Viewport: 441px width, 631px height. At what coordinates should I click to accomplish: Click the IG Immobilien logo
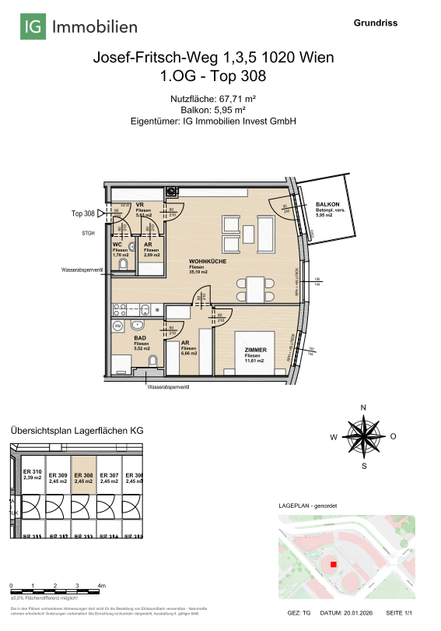pos(79,28)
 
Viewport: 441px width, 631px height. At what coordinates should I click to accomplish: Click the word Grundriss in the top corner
pos(376,23)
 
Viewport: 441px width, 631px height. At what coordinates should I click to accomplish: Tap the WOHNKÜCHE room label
pos(208,261)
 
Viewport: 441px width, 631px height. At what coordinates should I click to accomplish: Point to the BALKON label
pos(327,203)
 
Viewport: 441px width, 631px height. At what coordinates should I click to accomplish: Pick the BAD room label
pos(141,338)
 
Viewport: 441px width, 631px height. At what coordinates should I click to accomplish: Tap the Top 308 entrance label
pos(83,213)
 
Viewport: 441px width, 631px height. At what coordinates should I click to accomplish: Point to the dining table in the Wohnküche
pos(256,289)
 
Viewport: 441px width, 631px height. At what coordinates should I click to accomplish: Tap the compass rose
pos(363,437)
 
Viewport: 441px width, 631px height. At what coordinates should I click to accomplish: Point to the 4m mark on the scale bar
pos(102,584)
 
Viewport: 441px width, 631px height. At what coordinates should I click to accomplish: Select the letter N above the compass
pos(363,408)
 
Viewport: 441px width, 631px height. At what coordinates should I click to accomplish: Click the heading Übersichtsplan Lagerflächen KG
pos(76,430)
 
